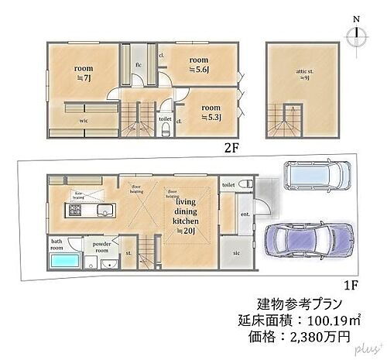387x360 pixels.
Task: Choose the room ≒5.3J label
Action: coord(211,113)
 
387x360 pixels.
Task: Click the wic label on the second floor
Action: coord(82,122)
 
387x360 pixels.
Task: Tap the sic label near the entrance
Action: coord(236,252)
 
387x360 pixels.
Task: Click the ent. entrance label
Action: coord(245,213)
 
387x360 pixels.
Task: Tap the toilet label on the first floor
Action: coord(228,185)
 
